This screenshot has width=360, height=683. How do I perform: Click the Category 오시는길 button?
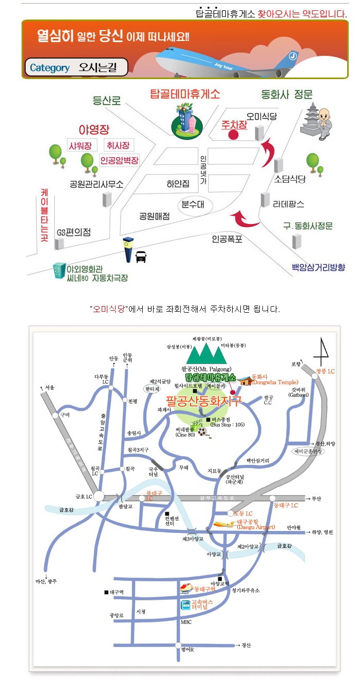click(76, 67)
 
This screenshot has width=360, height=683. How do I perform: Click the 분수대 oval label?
click(193, 204)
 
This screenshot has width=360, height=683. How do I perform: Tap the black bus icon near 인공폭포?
click(141, 256)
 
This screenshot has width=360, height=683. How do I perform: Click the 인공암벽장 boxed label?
click(119, 160)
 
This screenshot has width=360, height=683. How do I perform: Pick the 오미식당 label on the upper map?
click(261, 117)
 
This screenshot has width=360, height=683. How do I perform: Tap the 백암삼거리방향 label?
click(318, 267)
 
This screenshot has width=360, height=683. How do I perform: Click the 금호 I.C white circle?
click(99, 497)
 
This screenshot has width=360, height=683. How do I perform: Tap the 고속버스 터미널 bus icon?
click(185, 604)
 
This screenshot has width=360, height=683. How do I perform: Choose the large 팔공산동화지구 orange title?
click(203, 401)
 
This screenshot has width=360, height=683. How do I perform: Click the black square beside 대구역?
click(106, 592)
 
